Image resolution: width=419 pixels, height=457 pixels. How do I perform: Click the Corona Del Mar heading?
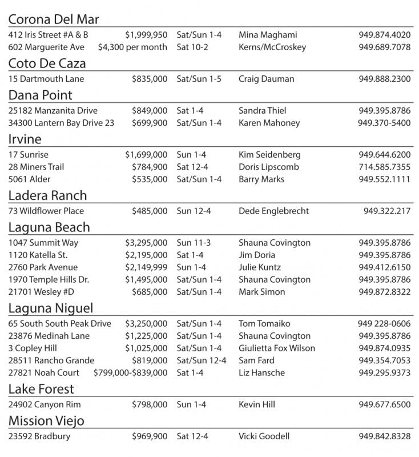[x=54, y=19]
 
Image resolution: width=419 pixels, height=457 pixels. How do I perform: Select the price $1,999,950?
[x=146, y=35]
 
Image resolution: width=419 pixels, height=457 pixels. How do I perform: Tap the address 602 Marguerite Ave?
[x=46, y=47]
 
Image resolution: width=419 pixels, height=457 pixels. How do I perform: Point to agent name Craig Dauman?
[x=267, y=79]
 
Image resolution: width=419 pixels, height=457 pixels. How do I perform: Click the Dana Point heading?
[x=41, y=95]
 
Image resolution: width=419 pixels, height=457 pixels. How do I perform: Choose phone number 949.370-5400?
[x=384, y=123]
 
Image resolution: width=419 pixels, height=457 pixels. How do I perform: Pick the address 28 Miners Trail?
[x=37, y=167]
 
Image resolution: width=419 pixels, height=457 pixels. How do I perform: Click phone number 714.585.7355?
[x=384, y=167]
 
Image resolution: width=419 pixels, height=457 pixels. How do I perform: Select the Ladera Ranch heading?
[x=48, y=195]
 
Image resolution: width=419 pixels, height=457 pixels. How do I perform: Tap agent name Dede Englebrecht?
[x=277, y=211]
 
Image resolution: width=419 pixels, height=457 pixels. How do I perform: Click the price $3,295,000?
[x=146, y=243]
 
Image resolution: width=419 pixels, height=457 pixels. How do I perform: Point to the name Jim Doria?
[x=257, y=255]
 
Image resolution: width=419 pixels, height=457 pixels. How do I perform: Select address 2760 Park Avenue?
[x=43, y=267]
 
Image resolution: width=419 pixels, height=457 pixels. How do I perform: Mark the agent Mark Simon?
[x=261, y=292]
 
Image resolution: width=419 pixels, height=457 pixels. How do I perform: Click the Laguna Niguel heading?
[x=51, y=308]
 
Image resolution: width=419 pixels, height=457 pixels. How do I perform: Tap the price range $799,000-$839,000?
[x=131, y=372]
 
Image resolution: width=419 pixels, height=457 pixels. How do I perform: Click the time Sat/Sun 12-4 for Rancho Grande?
[x=202, y=360]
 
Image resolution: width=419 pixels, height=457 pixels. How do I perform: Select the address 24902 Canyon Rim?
[x=45, y=404]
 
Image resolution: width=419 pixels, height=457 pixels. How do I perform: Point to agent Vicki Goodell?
[x=264, y=436]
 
